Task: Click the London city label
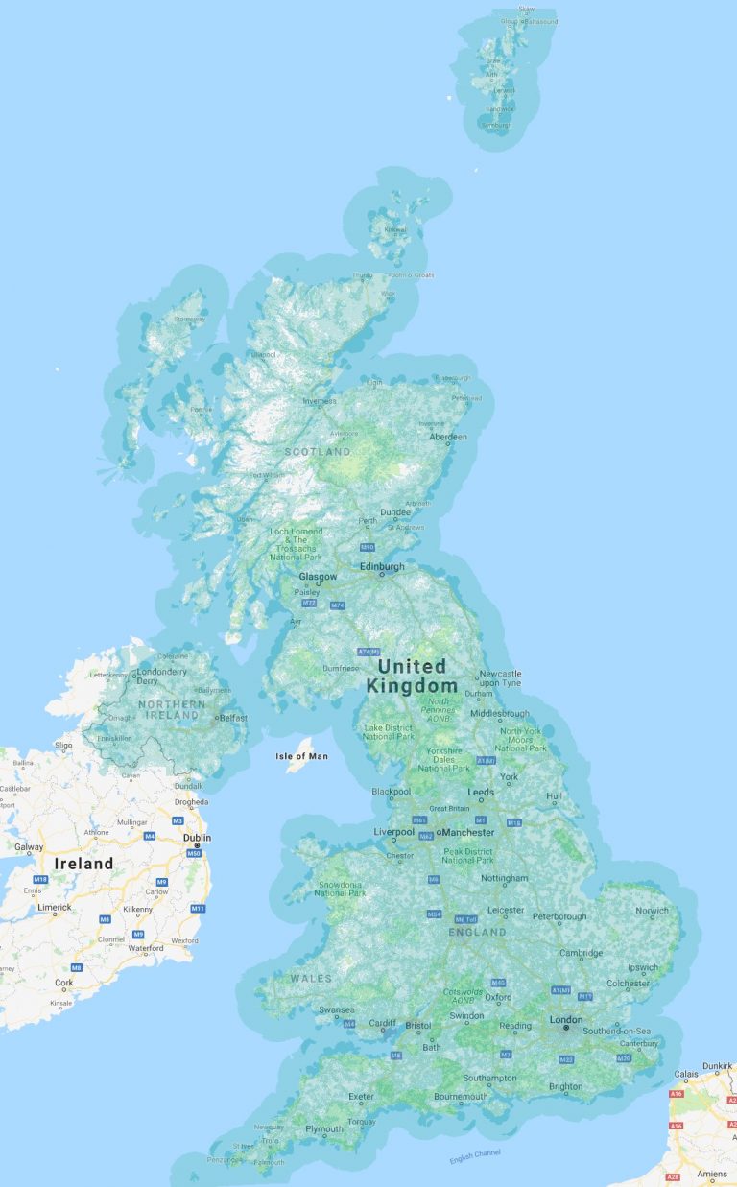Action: coord(566,1019)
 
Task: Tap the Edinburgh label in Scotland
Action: coord(382,566)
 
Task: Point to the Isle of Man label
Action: coord(301,756)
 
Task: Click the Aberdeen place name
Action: coord(448,437)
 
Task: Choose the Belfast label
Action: coord(232,717)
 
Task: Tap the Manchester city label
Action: coord(468,832)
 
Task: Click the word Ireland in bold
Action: coord(83,863)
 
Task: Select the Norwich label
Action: coord(652,910)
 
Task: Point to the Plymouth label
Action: coord(323,1128)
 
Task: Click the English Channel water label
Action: coord(475,1157)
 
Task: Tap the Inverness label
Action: coord(320,401)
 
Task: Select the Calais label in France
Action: coord(685,1075)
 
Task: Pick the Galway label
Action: coord(29,846)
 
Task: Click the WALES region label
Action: coord(311,979)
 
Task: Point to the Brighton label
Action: coord(565,1086)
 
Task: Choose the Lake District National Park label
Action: coord(388,731)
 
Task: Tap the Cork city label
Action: coord(63,983)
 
